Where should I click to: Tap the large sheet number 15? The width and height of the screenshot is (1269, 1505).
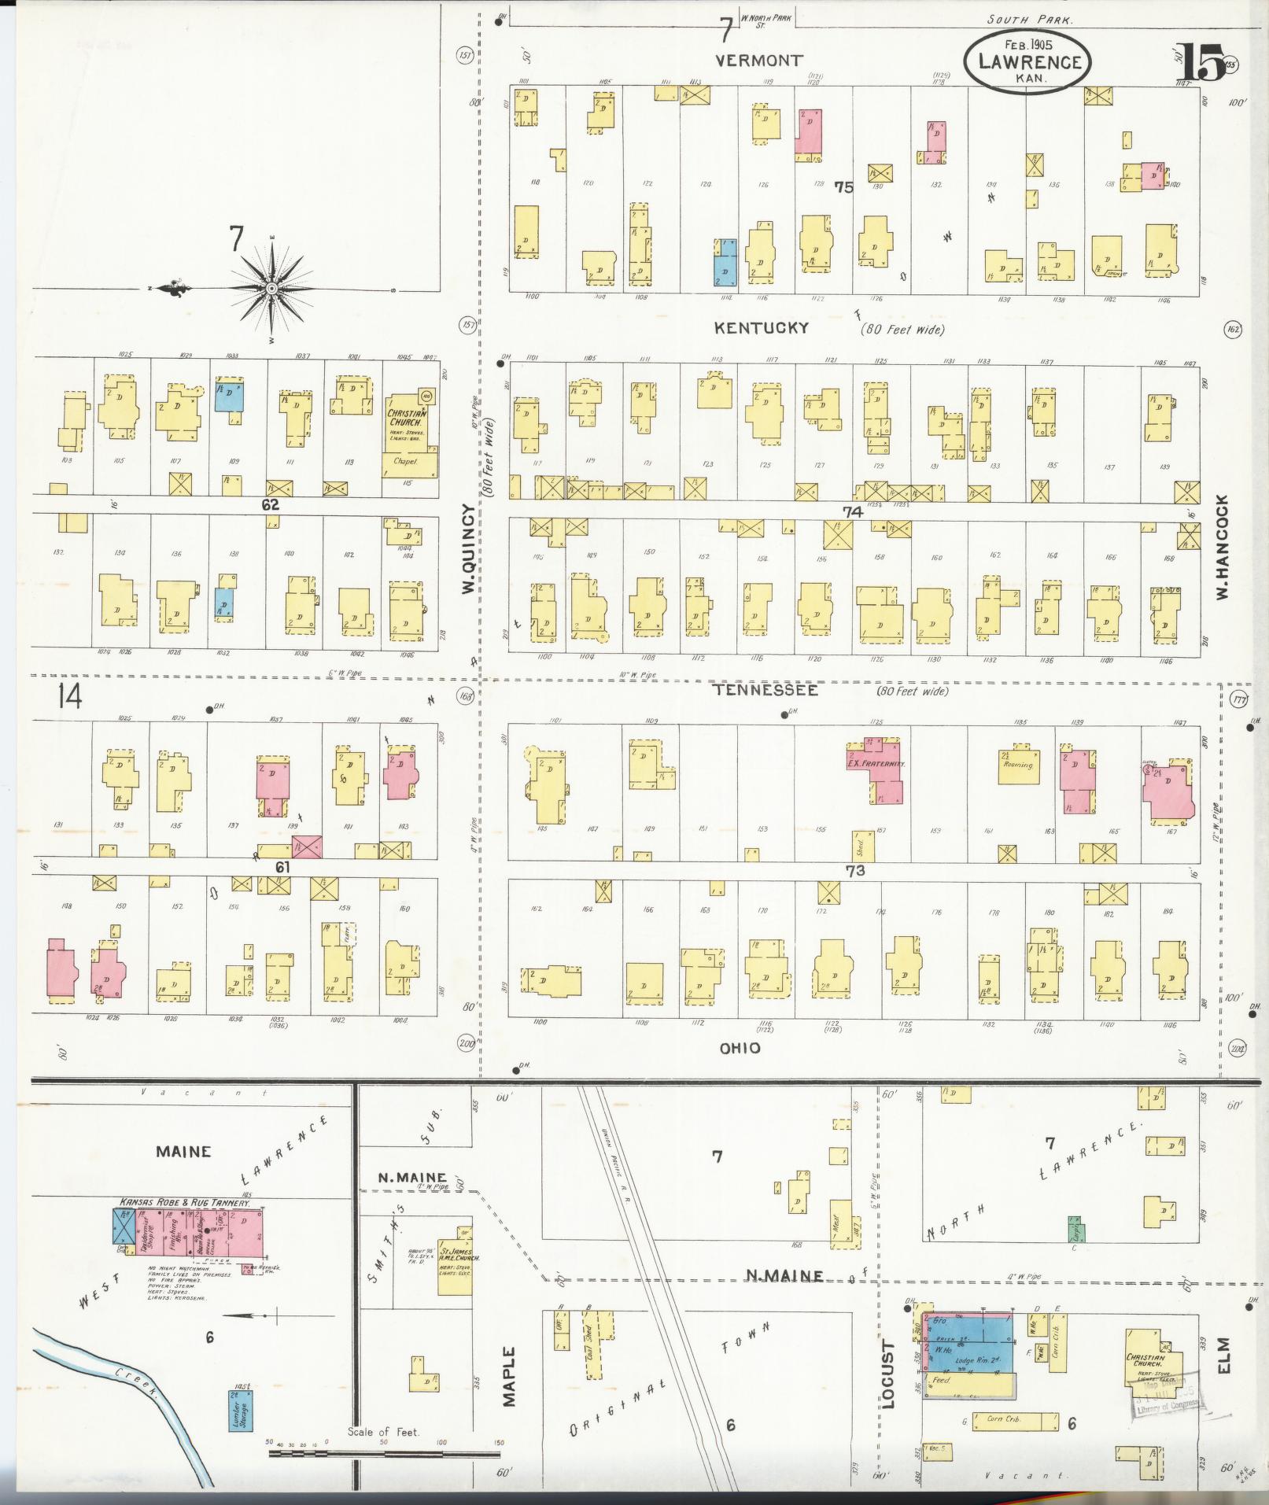(1201, 63)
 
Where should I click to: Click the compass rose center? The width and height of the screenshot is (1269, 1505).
(271, 289)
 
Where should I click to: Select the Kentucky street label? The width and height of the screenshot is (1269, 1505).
(761, 328)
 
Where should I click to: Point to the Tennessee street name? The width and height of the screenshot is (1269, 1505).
(765, 690)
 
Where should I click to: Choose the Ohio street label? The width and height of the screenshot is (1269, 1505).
(740, 1048)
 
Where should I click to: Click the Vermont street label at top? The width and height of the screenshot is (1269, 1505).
(759, 60)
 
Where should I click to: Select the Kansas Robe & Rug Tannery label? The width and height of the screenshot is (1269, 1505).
(185, 1202)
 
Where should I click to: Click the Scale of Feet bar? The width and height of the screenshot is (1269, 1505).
(385, 1452)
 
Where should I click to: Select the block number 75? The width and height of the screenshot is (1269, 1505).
(843, 187)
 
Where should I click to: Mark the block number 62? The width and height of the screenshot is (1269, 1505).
(271, 505)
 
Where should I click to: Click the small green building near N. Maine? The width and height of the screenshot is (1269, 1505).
(1074, 1230)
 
